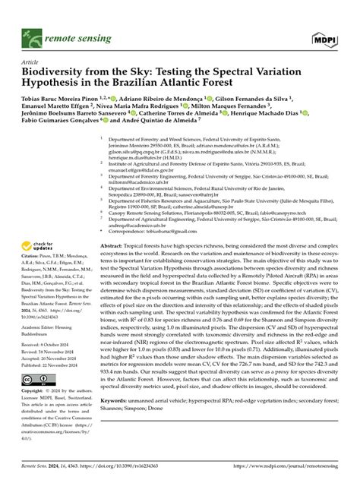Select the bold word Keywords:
click(123, 420)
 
